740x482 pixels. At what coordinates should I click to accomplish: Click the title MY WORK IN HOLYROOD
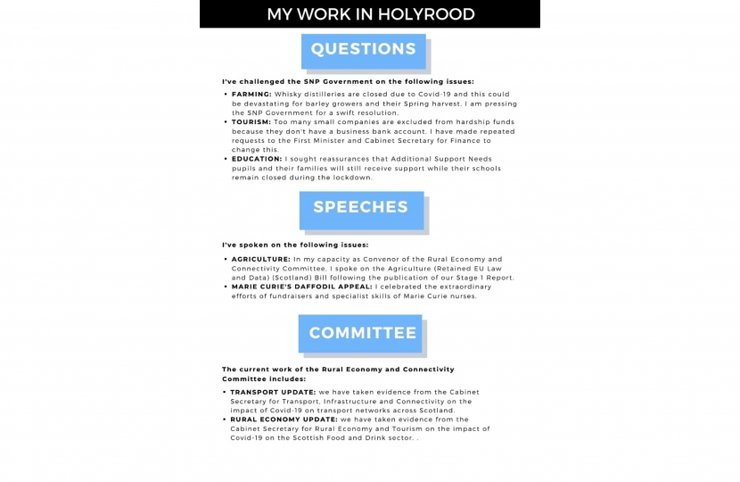coord(370,14)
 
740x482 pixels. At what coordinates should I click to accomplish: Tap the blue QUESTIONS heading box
coord(363,50)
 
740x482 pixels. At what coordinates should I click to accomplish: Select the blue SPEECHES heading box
coord(360,208)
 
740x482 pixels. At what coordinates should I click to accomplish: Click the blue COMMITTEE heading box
coord(362,334)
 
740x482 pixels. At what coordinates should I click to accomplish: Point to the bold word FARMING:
coord(251,94)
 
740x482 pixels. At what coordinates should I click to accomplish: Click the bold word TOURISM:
coord(251,122)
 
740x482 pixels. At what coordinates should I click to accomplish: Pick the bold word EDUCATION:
coord(257,159)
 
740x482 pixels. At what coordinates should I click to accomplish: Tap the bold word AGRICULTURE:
coord(260,259)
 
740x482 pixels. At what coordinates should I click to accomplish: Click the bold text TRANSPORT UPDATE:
coord(273,392)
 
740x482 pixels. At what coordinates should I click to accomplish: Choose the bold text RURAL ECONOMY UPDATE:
coord(282,420)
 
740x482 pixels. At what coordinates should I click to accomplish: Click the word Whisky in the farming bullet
coord(291,94)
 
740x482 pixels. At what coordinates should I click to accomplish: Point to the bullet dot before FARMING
coord(225,94)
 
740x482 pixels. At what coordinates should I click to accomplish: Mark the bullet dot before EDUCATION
coord(225,159)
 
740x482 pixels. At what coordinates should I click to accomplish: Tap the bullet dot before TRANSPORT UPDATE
coord(224,392)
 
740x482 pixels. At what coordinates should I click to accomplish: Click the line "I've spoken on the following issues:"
coord(295,245)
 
